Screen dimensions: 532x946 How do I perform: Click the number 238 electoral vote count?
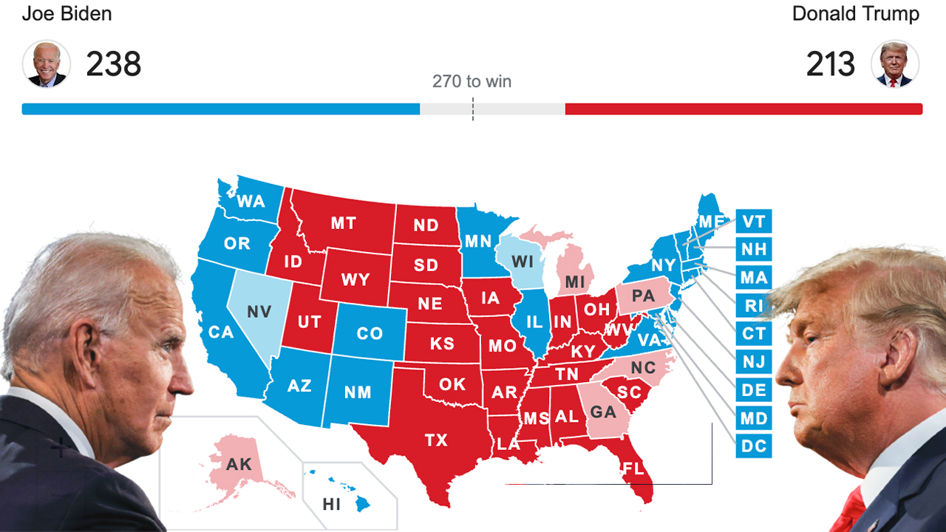[x=113, y=64]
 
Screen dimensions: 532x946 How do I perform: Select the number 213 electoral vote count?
[x=830, y=64]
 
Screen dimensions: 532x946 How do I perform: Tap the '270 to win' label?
[x=472, y=81]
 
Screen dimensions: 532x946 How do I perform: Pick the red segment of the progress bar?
[x=743, y=109]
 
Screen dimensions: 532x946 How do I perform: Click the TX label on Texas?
[x=436, y=440]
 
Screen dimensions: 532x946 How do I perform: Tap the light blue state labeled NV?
[x=259, y=312]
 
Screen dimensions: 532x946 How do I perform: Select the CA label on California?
[x=220, y=332]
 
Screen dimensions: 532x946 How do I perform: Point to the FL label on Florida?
[x=632, y=468]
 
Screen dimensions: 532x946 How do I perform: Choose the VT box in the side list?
[x=753, y=221]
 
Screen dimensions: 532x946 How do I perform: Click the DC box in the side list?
[x=753, y=446]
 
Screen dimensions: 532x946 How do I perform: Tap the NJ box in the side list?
[x=753, y=361]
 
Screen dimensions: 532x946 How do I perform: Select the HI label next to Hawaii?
[x=332, y=505]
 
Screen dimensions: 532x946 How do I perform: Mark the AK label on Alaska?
[x=239, y=465]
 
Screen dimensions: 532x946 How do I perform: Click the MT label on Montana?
[x=343, y=223]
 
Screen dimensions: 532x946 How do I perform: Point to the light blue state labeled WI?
[x=522, y=262]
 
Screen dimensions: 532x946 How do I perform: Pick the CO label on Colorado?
[x=370, y=334]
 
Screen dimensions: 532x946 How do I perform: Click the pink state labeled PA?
[x=643, y=296]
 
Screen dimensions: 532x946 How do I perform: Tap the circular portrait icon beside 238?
[x=47, y=64]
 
